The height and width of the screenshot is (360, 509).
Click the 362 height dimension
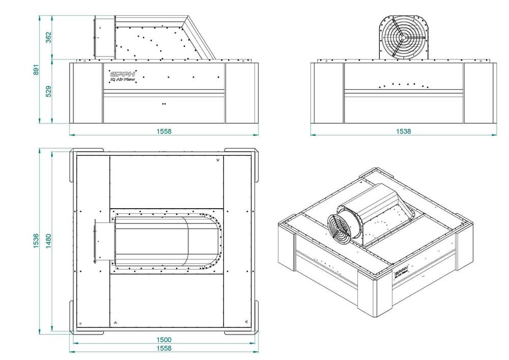pyautogui.click(x=49, y=38)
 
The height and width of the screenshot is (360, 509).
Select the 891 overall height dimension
pyautogui.click(x=36, y=69)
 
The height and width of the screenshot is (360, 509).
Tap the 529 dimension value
pyautogui.click(x=49, y=92)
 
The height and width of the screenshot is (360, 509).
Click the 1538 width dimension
pyautogui.click(x=404, y=131)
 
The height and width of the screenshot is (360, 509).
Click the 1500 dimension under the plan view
pyautogui.click(x=164, y=340)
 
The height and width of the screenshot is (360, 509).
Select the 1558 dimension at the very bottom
pyautogui.click(x=164, y=348)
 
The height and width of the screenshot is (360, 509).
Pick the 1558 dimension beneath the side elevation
pyautogui.click(x=164, y=131)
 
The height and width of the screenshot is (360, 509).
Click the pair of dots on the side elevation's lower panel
pyautogui.click(x=163, y=103)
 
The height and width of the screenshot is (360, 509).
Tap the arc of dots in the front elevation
pyautogui.click(x=404, y=85)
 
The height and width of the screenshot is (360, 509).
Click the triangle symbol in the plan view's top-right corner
pyautogui.click(x=218, y=159)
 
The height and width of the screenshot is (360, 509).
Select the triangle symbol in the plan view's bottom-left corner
pyautogui.click(x=116, y=322)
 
